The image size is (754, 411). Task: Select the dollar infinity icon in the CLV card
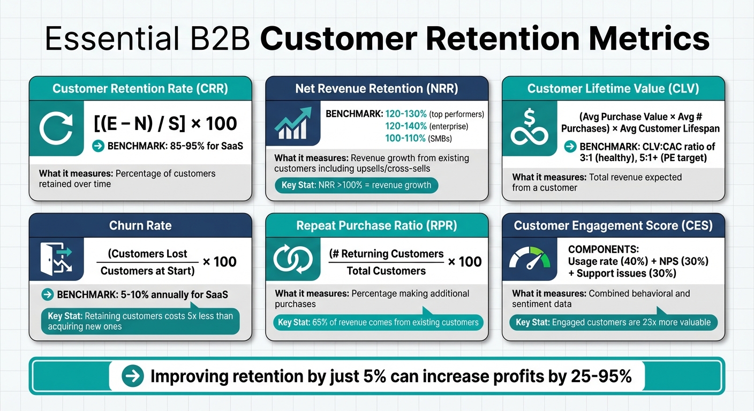[x=529, y=126]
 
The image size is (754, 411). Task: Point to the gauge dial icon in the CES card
[x=530, y=258]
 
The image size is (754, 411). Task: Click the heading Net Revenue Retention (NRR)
[x=376, y=89]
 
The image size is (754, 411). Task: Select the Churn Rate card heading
[x=140, y=225]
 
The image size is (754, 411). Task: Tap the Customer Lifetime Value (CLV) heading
[x=613, y=89]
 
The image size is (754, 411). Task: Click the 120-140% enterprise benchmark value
[x=406, y=126]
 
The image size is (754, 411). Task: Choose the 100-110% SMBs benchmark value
[x=406, y=138]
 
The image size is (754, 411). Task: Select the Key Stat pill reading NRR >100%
[x=356, y=185]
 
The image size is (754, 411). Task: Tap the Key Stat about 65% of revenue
[x=378, y=322]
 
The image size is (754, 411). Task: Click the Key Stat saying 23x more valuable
[x=613, y=322]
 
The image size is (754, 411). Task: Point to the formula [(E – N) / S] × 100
[x=165, y=124]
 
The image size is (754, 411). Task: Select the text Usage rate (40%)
[x=602, y=262]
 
